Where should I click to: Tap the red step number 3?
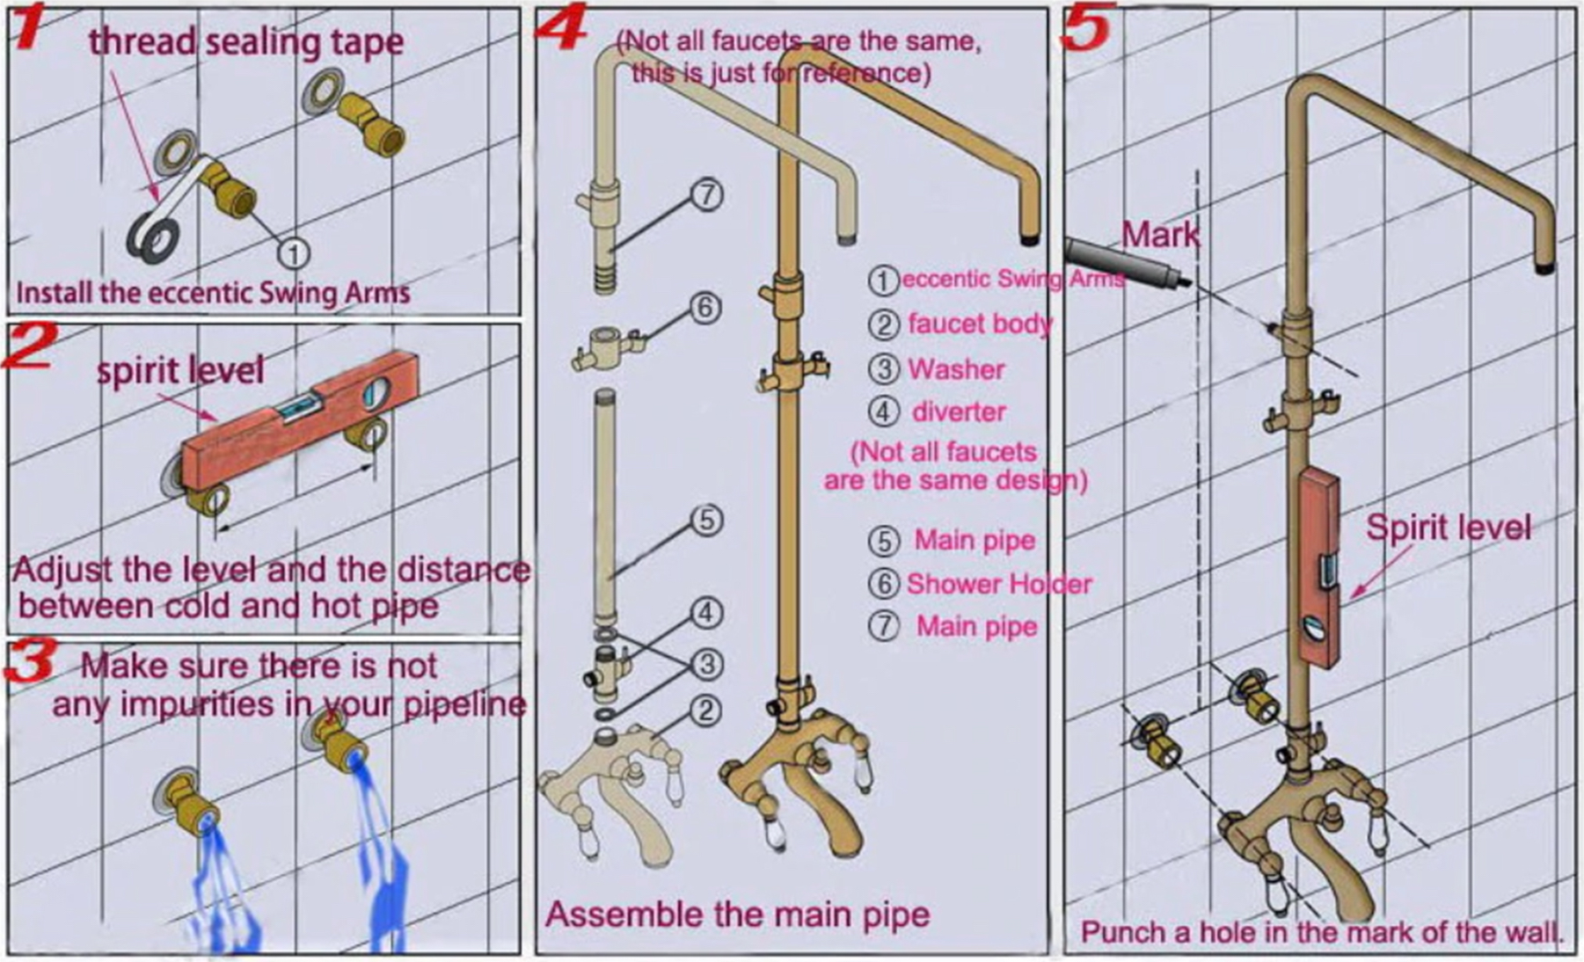31,661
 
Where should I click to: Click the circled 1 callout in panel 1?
294,253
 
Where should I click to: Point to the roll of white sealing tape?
153,237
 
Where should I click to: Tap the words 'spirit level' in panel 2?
179,369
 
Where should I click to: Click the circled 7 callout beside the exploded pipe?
707,194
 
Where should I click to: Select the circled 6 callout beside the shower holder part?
704,308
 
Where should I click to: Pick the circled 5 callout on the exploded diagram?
707,521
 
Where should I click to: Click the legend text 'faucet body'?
979,324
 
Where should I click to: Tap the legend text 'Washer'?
955,369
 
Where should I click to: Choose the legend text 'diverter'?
958,412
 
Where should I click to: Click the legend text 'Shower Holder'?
998,584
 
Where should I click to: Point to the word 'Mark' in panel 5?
1159,234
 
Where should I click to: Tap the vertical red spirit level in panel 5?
1318,567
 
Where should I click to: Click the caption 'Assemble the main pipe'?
737,915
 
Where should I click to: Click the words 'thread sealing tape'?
246,42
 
